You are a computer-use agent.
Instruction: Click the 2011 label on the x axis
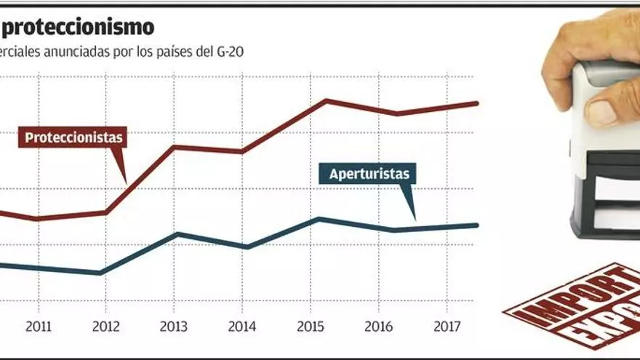[39, 327]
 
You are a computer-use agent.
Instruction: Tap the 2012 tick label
[106, 327]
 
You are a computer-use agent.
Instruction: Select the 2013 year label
[173, 327]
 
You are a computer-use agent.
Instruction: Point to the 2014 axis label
[241, 327]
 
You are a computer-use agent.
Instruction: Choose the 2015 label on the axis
[311, 327]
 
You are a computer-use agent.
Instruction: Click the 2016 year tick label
[379, 327]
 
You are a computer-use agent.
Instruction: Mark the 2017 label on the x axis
[447, 327]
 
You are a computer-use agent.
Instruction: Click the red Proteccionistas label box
[72, 137]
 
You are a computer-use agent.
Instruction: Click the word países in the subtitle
[180, 53]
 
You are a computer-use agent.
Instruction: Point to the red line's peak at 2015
[326, 100]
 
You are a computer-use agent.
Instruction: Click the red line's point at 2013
[175, 147]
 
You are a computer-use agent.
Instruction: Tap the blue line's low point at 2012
[101, 273]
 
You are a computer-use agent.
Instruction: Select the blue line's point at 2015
[318, 218]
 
